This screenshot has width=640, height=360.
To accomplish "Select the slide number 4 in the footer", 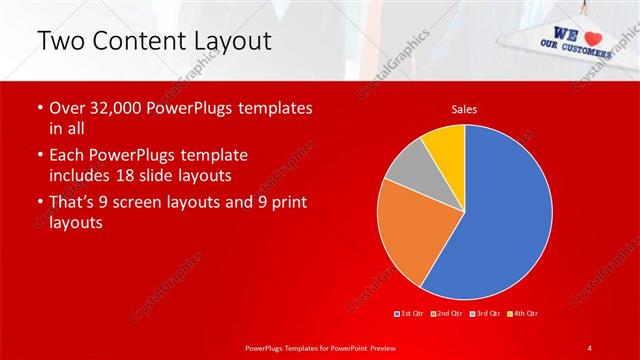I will [x=590, y=347].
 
